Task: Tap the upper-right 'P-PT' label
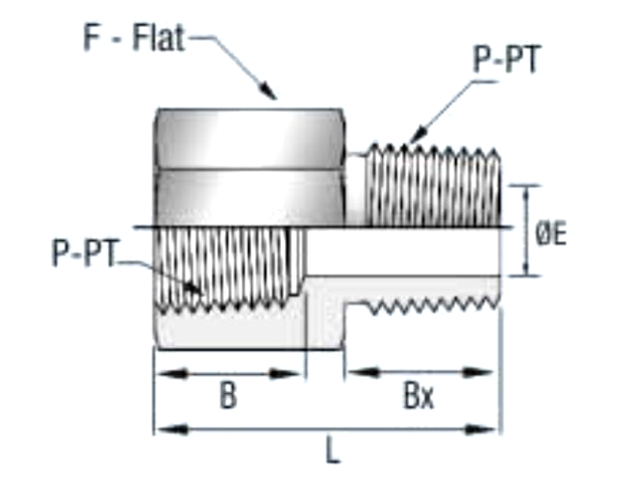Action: click(506, 60)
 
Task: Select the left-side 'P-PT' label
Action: click(84, 254)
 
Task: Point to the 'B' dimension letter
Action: click(227, 397)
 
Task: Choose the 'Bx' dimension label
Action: click(418, 397)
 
